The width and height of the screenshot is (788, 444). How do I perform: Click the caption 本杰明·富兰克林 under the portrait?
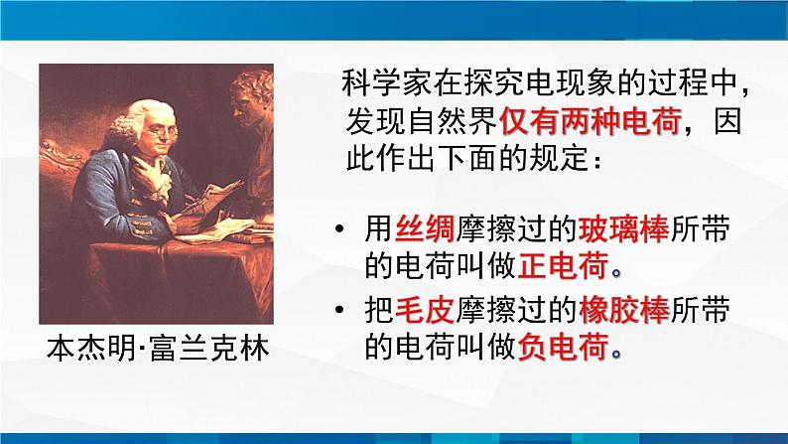158,349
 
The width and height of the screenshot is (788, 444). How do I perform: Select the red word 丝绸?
425,229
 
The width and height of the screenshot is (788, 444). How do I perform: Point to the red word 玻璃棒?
623,229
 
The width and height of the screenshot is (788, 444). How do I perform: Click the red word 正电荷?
563,265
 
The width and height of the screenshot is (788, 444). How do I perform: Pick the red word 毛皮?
425,309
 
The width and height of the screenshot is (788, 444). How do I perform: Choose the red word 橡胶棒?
623,309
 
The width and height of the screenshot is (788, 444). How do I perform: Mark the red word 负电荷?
563,346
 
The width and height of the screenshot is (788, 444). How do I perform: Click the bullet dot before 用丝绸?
340,229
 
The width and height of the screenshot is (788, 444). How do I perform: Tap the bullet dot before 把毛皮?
340,310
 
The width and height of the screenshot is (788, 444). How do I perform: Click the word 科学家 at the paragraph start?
387,83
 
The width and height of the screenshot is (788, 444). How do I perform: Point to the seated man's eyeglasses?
164,132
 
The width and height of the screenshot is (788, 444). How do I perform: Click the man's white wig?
132,120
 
